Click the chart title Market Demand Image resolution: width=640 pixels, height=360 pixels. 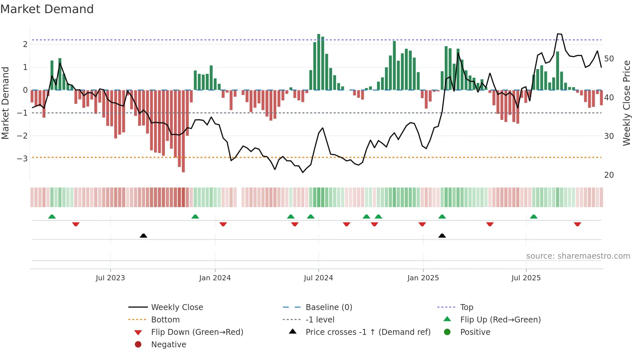click(47, 9)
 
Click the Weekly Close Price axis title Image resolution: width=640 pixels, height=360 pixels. click(626, 103)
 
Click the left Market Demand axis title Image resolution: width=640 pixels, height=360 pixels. click(5, 103)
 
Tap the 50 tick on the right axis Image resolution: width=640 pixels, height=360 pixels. click(609, 59)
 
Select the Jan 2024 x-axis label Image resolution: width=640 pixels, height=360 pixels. click(215, 278)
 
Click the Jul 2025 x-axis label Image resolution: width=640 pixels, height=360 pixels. click(526, 278)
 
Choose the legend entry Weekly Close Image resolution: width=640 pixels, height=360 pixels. click(177, 307)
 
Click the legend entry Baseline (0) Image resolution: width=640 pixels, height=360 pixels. click(328, 307)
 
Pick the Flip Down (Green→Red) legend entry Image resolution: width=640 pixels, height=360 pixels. click(197, 332)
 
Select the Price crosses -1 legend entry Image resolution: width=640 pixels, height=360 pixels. click(368, 332)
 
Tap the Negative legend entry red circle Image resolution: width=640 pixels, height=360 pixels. click(138, 345)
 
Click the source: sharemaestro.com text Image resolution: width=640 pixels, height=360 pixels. click(578, 256)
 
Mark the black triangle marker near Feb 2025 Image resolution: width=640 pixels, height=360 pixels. click(442, 236)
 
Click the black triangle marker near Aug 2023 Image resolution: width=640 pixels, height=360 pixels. click(143, 236)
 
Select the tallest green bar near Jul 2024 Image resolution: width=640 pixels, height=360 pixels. click(319, 62)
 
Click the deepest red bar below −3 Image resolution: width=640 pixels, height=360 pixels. click(183, 131)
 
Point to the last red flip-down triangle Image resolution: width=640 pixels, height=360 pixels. click(577, 224)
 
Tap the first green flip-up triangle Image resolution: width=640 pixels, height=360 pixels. click(52, 217)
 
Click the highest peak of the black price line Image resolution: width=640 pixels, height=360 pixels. click(558, 34)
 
